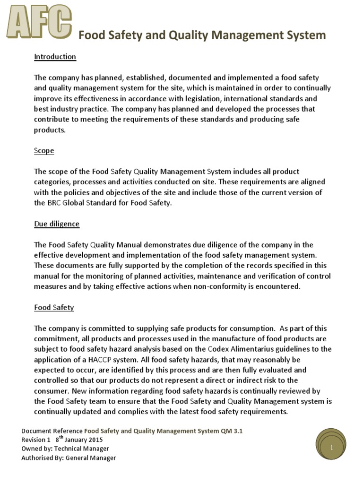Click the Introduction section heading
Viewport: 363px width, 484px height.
[x=55, y=57]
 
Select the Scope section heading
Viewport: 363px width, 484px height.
[x=44, y=151]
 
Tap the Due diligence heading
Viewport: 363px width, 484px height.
[x=57, y=224]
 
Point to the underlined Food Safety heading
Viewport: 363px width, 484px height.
[x=54, y=307]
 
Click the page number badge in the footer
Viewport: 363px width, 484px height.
[x=332, y=447]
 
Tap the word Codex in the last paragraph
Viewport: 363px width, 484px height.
[x=219, y=349]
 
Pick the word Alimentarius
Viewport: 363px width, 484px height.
[x=252, y=349]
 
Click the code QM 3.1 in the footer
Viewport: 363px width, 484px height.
[x=232, y=431]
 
